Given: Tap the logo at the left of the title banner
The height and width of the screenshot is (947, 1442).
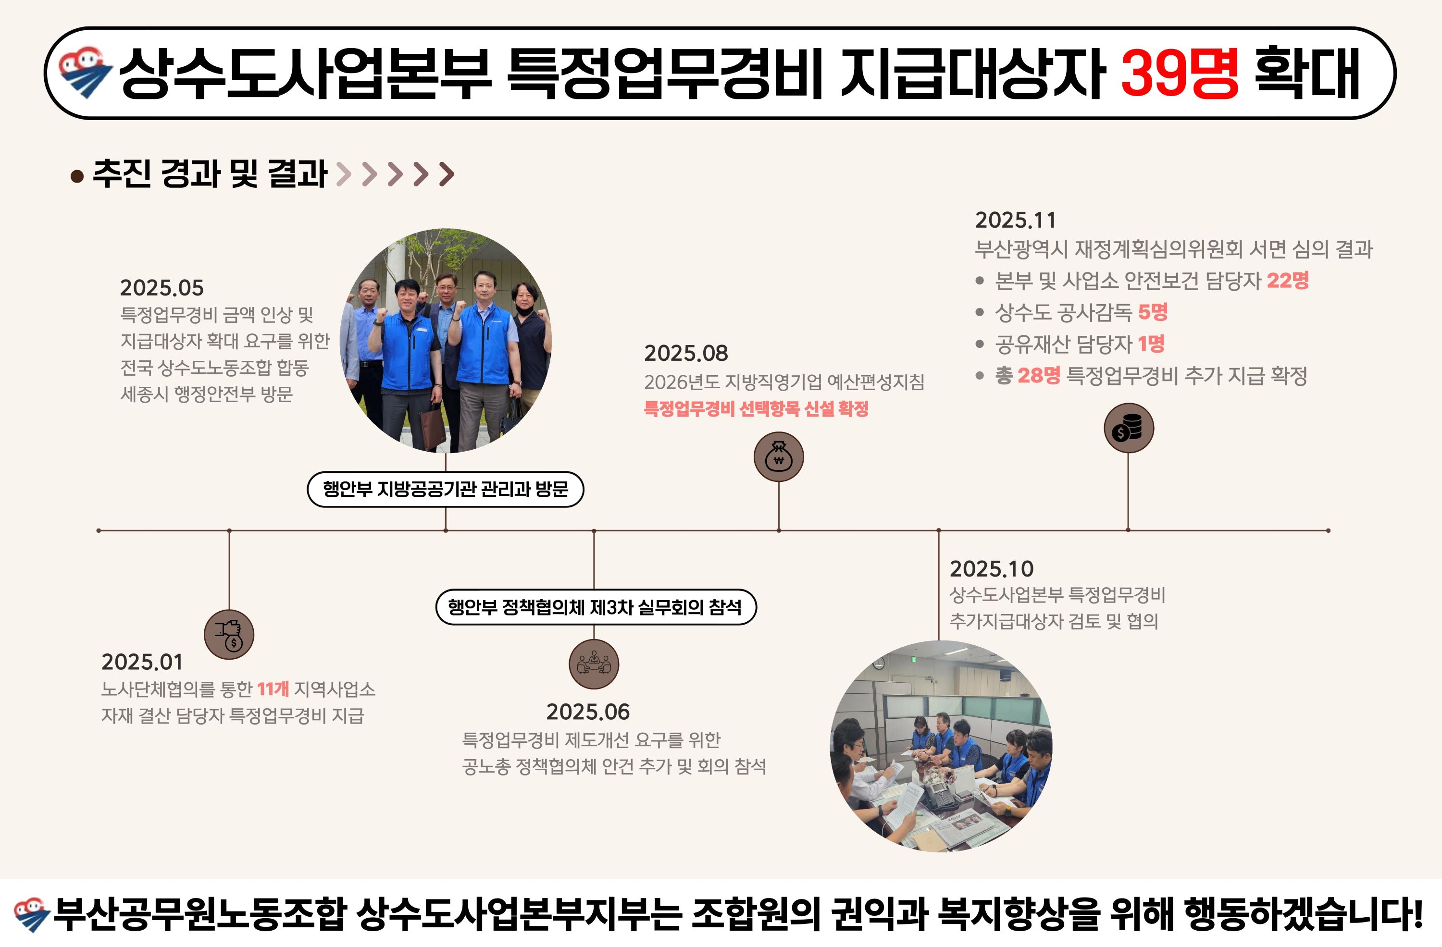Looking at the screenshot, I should point(85,73).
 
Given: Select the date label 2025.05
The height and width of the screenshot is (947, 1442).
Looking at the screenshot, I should point(162,288).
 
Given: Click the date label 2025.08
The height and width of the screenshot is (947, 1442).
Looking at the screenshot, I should point(686,353).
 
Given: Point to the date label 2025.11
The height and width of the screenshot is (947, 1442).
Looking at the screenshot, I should point(1016,220).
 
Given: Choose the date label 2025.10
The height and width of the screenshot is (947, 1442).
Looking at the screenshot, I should point(991,568).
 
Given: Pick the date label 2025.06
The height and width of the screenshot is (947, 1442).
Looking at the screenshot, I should point(588,712).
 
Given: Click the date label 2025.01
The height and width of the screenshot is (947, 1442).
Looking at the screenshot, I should point(142,662).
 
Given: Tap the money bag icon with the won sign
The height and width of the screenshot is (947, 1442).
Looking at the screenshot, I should point(779,456).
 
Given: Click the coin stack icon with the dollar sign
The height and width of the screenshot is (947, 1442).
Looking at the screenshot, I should point(1128,428).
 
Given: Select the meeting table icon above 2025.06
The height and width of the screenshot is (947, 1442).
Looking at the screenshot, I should point(594,664).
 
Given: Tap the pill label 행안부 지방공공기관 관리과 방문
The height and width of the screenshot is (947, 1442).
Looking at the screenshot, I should point(445,489).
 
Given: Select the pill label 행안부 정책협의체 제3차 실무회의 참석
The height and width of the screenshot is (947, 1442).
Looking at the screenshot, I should point(596,607).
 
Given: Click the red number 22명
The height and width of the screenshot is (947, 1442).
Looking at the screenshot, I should point(1288,280).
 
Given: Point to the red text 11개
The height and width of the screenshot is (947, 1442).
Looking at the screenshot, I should point(273,689).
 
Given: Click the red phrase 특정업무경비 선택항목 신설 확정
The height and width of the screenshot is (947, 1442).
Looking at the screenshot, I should point(756,409).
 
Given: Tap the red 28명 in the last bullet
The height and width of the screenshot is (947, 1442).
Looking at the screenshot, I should point(1039,375).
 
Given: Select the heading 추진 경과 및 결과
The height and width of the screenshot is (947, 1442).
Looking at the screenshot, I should point(210,174).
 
